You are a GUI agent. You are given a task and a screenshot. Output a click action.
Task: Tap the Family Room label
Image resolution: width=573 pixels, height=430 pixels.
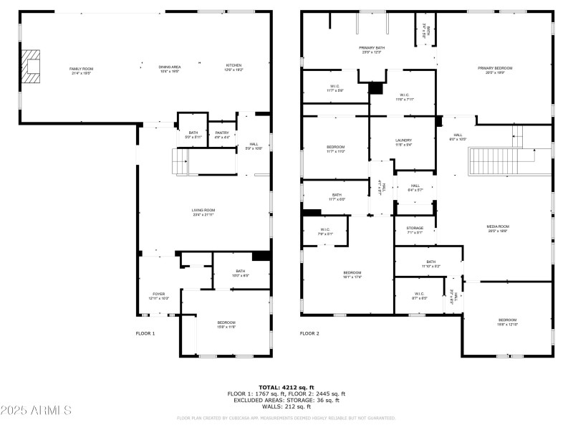(x=81, y=70)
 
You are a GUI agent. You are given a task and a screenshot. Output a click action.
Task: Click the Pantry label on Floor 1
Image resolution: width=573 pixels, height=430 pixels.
(x=222, y=135)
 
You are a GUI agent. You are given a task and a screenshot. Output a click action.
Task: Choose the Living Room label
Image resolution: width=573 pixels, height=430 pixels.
(x=203, y=212)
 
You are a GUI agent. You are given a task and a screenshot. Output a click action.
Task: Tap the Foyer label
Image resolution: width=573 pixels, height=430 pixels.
(x=158, y=295)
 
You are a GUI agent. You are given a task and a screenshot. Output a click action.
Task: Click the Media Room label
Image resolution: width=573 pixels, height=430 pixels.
(x=498, y=228)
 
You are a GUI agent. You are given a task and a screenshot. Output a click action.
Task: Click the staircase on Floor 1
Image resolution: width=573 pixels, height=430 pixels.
(x=182, y=162)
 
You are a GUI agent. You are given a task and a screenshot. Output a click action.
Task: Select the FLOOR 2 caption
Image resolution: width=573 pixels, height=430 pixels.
(x=309, y=333)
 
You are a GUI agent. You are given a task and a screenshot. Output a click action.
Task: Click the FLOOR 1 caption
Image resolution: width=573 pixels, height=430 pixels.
(x=145, y=333)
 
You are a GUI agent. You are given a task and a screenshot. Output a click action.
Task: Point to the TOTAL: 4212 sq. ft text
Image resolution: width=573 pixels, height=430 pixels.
(x=286, y=387)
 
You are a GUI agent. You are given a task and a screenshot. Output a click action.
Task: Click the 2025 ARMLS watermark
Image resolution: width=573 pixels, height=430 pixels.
(x=36, y=411)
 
